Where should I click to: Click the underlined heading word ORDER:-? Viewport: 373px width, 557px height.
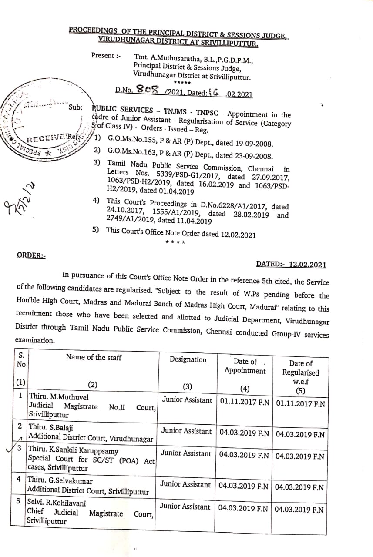30,255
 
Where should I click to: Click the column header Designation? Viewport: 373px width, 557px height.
188,359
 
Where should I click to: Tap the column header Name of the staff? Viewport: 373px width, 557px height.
94,357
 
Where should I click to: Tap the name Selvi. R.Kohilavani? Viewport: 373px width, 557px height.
57,503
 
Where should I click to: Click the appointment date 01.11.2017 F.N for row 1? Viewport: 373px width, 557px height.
245,403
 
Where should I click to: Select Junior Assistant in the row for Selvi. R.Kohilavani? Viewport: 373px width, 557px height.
185,507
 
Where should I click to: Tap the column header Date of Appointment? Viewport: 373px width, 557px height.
245,366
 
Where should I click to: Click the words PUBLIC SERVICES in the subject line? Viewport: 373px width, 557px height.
122,110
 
